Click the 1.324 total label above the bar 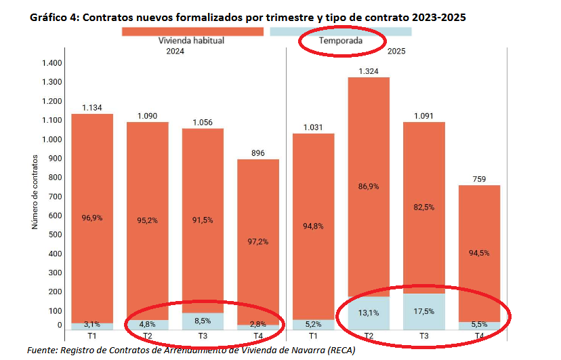point(369,71)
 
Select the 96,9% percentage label point(92,218)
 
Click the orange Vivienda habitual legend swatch point(192,31)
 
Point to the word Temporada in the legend point(341,41)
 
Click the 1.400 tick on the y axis point(51,63)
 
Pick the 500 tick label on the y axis point(56,235)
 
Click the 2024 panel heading point(175,50)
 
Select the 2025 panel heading point(396,50)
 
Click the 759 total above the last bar point(479,179)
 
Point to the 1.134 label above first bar point(92,107)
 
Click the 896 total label point(257,153)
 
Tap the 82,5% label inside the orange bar point(424,207)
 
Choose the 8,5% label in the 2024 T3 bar point(203,320)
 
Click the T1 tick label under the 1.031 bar point(313,336)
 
